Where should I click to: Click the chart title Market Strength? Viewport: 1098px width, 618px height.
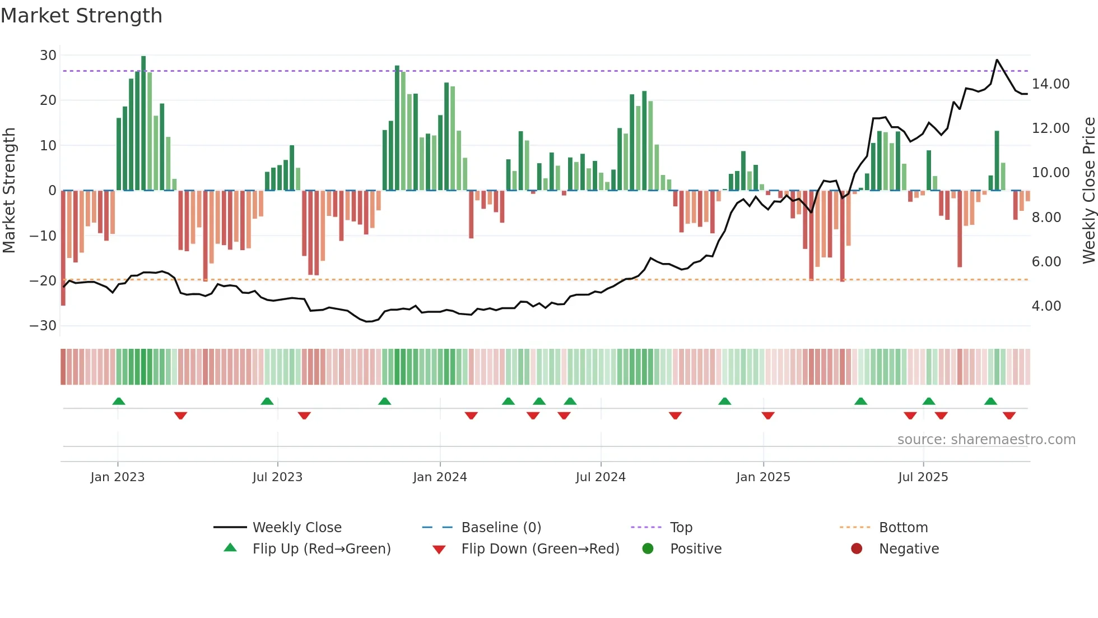pyautogui.click(x=81, y=16)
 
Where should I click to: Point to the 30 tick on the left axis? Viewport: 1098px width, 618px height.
pyautogui.click(x=48, y=56)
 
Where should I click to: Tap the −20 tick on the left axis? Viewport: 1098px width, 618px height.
pyautogui.click(x=43, y=280)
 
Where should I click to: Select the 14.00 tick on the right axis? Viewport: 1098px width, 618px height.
pyautogui.click(x=1050, y=84)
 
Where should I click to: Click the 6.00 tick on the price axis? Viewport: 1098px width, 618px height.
pyautogui.click(x=1046, y=262)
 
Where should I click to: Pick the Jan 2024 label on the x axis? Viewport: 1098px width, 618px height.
pyautogui.click(x=440, y=477)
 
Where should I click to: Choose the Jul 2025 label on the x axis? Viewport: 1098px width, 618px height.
pyautogui.click(x=923, y=477)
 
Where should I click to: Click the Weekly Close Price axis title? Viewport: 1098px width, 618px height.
pyautogui.click(x=1088, y=191)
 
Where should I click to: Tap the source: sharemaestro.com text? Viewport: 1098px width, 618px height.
pyautogui.click(x=986, y=440)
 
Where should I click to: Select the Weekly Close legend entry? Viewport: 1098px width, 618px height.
pyautogui.click(x=296, y=528)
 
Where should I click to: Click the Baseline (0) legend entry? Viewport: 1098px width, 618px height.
pyautogui.click(x=501, y=528)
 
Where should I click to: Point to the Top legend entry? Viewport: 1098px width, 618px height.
pyautogui.click(x=681, y=528)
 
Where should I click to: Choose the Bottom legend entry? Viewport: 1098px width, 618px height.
pyautogui.click(x=903, y=528)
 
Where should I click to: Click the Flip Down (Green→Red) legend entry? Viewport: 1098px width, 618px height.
pyautogui.click(x=539, y=549)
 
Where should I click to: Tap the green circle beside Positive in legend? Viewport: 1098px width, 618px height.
pyautogui.click(x=648, y=549)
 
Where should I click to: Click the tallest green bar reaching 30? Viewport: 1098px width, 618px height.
pyautogui.click(x=143, y=123)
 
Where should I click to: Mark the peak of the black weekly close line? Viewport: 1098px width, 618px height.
pyautogui.click(x=997, y=60)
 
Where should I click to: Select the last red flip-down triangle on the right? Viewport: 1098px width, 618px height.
pyautogui.click(x=1009, y=416)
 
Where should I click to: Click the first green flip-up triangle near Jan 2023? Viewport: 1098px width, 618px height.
pyautogui.click(x=118, y=401)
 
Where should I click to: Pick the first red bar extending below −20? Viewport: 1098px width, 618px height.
pyautogui.click(x=63, y=247)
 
